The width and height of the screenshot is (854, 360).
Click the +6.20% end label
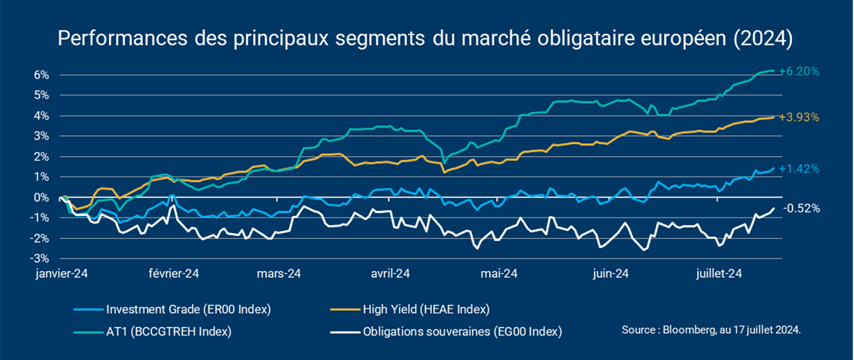[x=799, y=72]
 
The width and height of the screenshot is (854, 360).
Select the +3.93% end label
[x=799, y=117]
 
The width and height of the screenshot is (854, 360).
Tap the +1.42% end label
[x=799, y=169]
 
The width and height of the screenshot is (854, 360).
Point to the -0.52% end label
[x=802, y=208]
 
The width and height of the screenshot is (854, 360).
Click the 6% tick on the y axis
[x=40, y=75]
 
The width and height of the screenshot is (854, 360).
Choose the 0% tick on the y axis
[x=40, y=197]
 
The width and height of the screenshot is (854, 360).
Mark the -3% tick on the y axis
[x=38, y=258]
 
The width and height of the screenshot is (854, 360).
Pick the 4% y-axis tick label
[x=40, y=116]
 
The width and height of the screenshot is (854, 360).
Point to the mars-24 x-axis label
[x=279, y=274]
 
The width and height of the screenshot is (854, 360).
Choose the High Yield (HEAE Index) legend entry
[x=426, y=309]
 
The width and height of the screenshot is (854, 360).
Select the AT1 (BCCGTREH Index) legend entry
[x=169, y=331]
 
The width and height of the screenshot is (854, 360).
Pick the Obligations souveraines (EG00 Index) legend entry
[x=462, y=331]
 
